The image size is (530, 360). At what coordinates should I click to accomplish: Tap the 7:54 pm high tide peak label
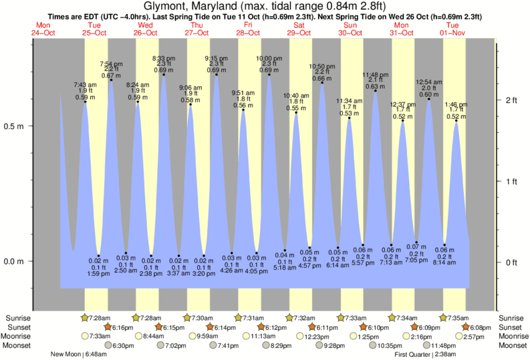pos(110,63)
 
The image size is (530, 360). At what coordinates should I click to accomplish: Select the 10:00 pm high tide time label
pos(269,58)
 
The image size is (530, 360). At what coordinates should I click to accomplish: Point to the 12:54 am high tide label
pos(428,81)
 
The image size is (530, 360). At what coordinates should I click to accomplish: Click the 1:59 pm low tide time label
pos(98,274)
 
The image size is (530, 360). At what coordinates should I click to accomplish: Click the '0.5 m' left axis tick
pos(15,126)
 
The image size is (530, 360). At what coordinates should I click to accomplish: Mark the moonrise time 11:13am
pos(263,337)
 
